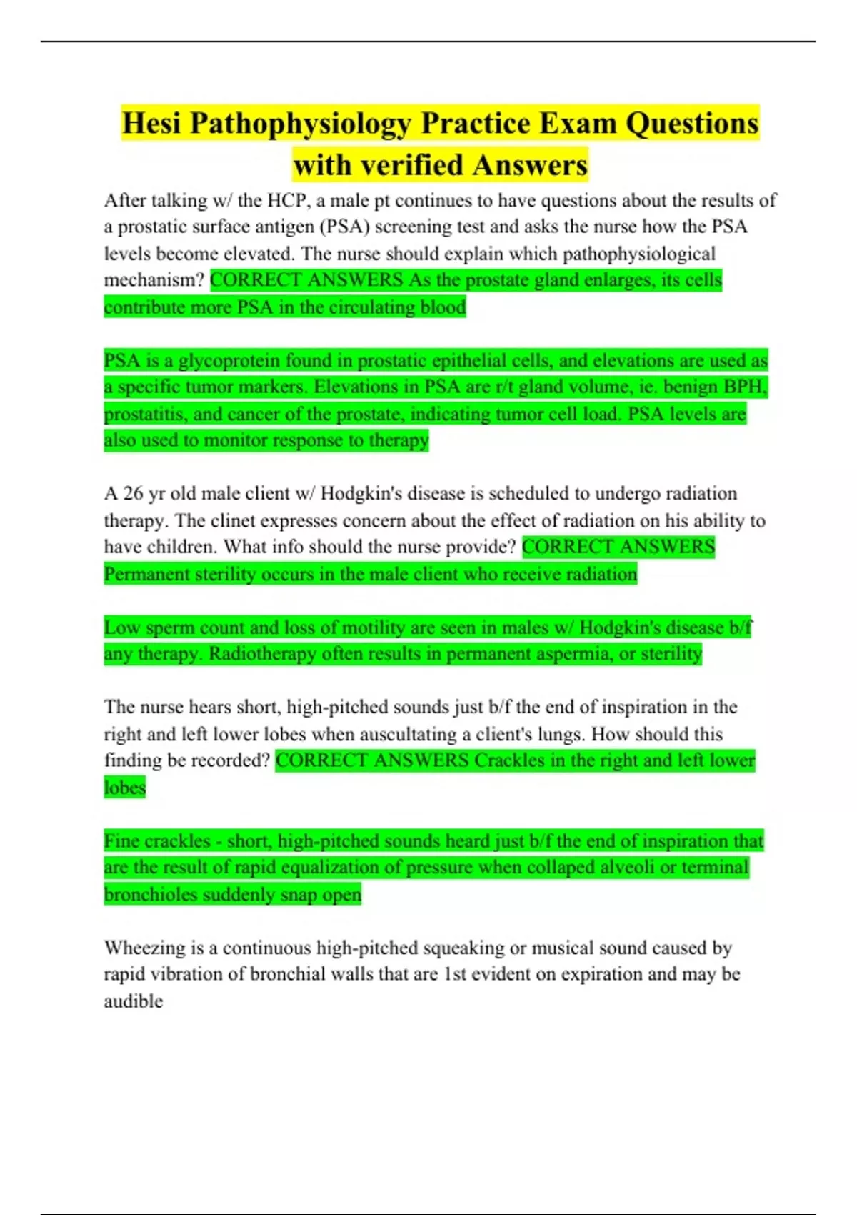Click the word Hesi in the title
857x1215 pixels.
(x=151, y=124)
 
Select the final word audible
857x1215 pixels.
(x=133, y=1001)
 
